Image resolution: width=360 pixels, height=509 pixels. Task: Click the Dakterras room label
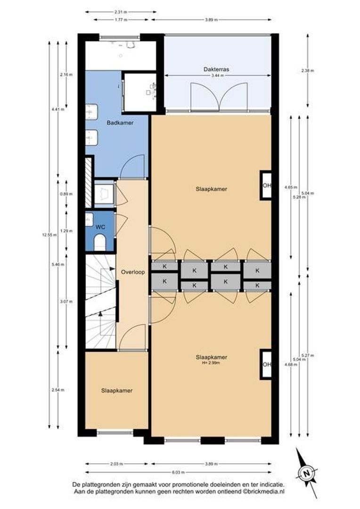pos(216,69)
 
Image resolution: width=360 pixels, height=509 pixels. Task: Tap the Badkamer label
pos(120,123)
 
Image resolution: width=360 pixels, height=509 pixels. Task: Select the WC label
pos(100,227)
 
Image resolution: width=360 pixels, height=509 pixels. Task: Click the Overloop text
pos(132,272)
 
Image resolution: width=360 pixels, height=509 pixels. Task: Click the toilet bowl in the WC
pos(100,243)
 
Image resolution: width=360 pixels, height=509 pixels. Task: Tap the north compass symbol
pos(306,472)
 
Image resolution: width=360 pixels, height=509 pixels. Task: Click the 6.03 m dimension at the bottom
pos(179,472)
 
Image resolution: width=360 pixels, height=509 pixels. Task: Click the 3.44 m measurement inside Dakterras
pos(216,75)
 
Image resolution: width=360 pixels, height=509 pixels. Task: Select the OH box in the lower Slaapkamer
pos(267,364)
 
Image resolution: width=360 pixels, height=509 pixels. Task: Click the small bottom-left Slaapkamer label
pos(116,391)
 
